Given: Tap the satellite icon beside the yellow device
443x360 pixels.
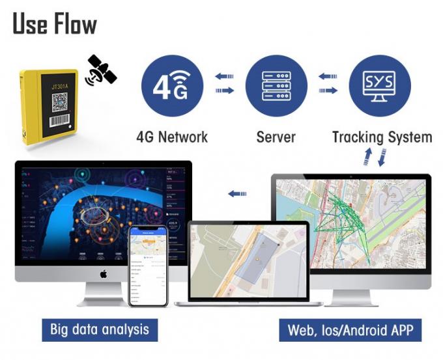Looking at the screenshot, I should point(101,70).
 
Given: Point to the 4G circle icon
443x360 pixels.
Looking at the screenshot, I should point(172,86).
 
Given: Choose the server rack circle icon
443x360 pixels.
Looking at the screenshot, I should point(276,86).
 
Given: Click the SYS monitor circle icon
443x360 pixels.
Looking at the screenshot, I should point(380,86).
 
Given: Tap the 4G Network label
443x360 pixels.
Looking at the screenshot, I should point(172,137).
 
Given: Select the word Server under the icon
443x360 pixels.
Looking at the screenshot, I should point(276,137).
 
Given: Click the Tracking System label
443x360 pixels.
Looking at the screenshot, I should point(382,137).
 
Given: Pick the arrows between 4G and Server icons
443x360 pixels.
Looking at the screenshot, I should point(224,84).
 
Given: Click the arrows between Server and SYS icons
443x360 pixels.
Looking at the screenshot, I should point(328,84).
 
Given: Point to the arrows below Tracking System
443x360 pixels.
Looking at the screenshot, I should point(375,157).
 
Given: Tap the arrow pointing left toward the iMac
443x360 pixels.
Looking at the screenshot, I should point(237,193).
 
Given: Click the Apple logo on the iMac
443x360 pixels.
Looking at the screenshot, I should point(103,274).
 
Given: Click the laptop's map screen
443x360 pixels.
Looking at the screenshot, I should point(248,259).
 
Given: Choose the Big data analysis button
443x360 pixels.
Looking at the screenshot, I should point(99,329).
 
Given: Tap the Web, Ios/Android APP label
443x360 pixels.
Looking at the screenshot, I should point(350,329).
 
